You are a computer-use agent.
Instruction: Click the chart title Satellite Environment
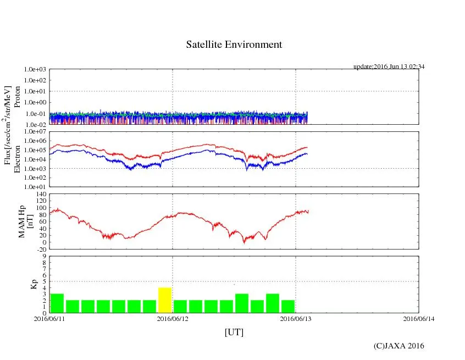click(234, 45)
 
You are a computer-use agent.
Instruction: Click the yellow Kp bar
click(165, 300)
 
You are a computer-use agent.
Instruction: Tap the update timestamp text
click(389, 67)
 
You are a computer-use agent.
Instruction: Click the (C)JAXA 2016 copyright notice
click(398, 346)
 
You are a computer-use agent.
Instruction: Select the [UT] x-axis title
click(234, 332)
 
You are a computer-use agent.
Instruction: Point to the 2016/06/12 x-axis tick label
click(173, 318)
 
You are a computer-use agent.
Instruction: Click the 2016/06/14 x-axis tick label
click(419, 318)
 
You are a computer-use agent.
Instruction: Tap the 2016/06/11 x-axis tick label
click(49, 318)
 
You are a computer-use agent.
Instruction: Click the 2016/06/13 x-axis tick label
click(296, 318)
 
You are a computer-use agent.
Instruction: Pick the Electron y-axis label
click(18, 159)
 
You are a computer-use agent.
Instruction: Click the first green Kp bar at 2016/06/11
click(57, 303)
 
